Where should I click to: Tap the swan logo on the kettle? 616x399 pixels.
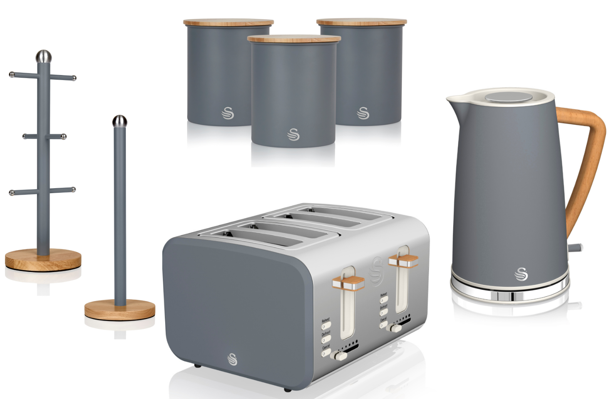(x=521, y=274)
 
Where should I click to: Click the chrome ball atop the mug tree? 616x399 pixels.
(x=43, y=56)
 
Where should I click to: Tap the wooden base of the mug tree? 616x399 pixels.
(x=43, y=260)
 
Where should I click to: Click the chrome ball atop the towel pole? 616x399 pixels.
(x=119, y=121)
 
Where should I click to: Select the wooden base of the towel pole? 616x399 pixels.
(x=120, y=309)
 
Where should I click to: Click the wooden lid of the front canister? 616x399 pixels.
(x=294, y=38)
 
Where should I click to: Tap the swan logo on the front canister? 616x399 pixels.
(x=293, y=134)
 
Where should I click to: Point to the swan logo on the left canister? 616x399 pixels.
(x=228, y=113)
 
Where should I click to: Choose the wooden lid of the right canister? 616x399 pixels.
(x=362, y=22)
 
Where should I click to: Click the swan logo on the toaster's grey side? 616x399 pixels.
(x=232, y=359)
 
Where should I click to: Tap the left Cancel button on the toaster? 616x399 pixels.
(x=326, y=352)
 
